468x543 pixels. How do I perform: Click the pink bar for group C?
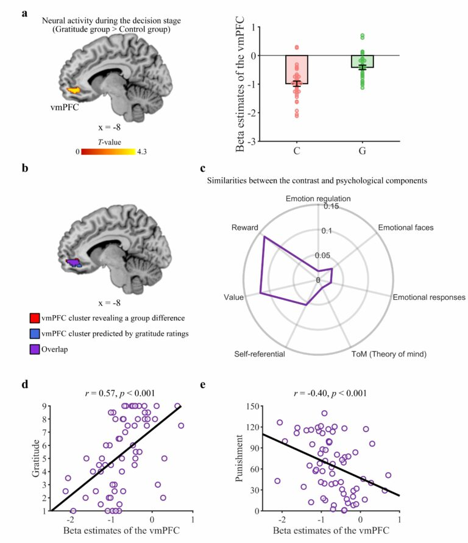297,69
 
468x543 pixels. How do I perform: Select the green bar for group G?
363,62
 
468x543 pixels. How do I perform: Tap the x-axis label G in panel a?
363,151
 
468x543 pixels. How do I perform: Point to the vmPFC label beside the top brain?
65,107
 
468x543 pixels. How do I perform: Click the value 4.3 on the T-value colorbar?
142,152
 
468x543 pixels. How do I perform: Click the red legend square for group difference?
35,318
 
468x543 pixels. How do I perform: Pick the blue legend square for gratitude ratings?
35,333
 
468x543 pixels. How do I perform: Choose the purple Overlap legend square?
35,349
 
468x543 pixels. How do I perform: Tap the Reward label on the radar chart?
245,227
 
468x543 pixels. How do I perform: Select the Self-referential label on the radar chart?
260,354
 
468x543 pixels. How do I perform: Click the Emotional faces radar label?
406,227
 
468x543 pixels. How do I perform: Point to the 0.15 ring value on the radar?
331,207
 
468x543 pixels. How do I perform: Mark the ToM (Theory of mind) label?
389,354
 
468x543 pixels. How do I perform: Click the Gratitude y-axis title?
36,458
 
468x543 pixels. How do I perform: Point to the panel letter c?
203,168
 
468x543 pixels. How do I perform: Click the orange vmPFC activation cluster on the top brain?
74,90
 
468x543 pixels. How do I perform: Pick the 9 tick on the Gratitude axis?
44,406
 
